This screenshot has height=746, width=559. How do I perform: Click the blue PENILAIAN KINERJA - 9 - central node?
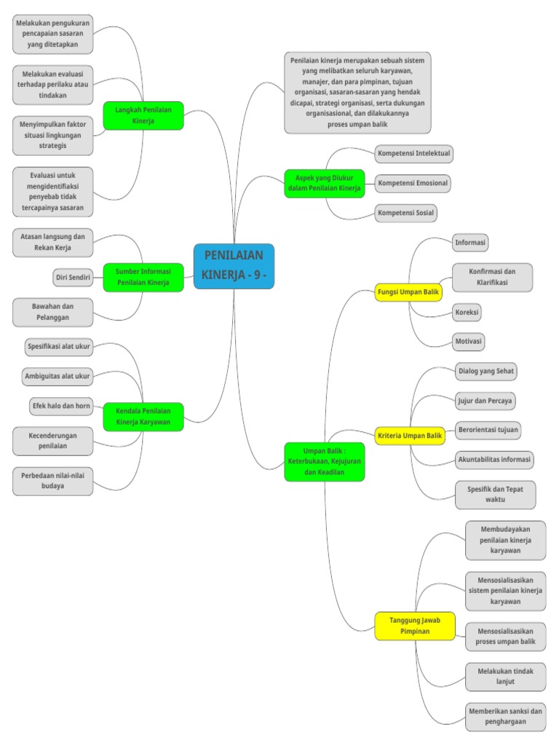tap(234, 266)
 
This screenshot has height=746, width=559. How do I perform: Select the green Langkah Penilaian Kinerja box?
tap(143, 115)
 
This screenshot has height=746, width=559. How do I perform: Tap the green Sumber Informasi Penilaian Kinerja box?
tap(143, 277)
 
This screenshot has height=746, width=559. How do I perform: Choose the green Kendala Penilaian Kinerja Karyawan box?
tap(143, 417)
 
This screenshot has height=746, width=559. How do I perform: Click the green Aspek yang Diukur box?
tap(324, 183)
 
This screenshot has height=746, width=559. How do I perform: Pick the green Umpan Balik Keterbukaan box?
tap(324, 461)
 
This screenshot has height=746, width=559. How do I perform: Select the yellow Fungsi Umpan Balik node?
tap(408, 292)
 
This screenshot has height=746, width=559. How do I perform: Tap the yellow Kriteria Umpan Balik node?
tap(410, 436)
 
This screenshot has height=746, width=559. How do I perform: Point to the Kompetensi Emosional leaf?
tap(413, 183)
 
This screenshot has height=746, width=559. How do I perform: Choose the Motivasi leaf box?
tap(469, 341)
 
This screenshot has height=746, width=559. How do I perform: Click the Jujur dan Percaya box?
tap(485, 400)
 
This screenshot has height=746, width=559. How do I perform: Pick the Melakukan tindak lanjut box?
tap(505, 676)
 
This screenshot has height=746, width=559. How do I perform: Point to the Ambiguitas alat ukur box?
tap(58, 376)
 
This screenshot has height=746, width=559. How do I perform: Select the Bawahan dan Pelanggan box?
tap(52, 313)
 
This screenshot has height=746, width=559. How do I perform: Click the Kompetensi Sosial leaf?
tap(405, 213)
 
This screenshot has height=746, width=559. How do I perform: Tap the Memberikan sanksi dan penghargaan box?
tap(505, 717)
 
